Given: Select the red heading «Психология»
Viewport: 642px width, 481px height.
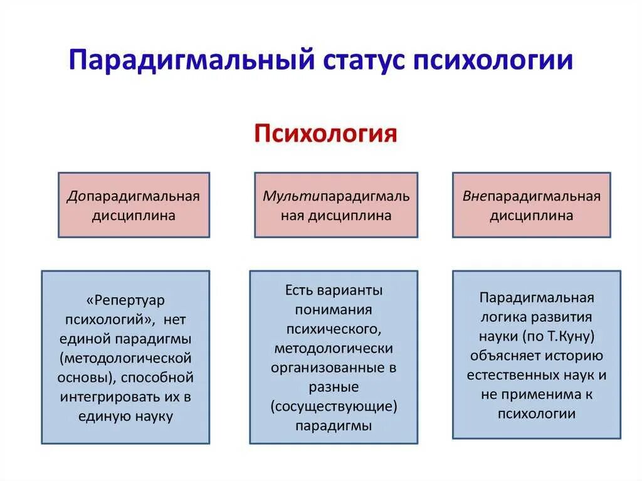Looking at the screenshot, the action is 325,134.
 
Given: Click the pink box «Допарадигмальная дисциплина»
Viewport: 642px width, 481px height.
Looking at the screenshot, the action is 134,205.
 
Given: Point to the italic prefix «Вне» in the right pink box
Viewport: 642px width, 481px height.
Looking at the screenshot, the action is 475,196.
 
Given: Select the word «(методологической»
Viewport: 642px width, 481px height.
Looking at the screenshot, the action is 127,359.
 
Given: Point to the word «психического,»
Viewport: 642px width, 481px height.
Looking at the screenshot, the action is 333,329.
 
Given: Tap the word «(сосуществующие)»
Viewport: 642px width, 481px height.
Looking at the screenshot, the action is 334,406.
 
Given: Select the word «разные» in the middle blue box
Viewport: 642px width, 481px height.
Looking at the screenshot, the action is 334,387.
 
